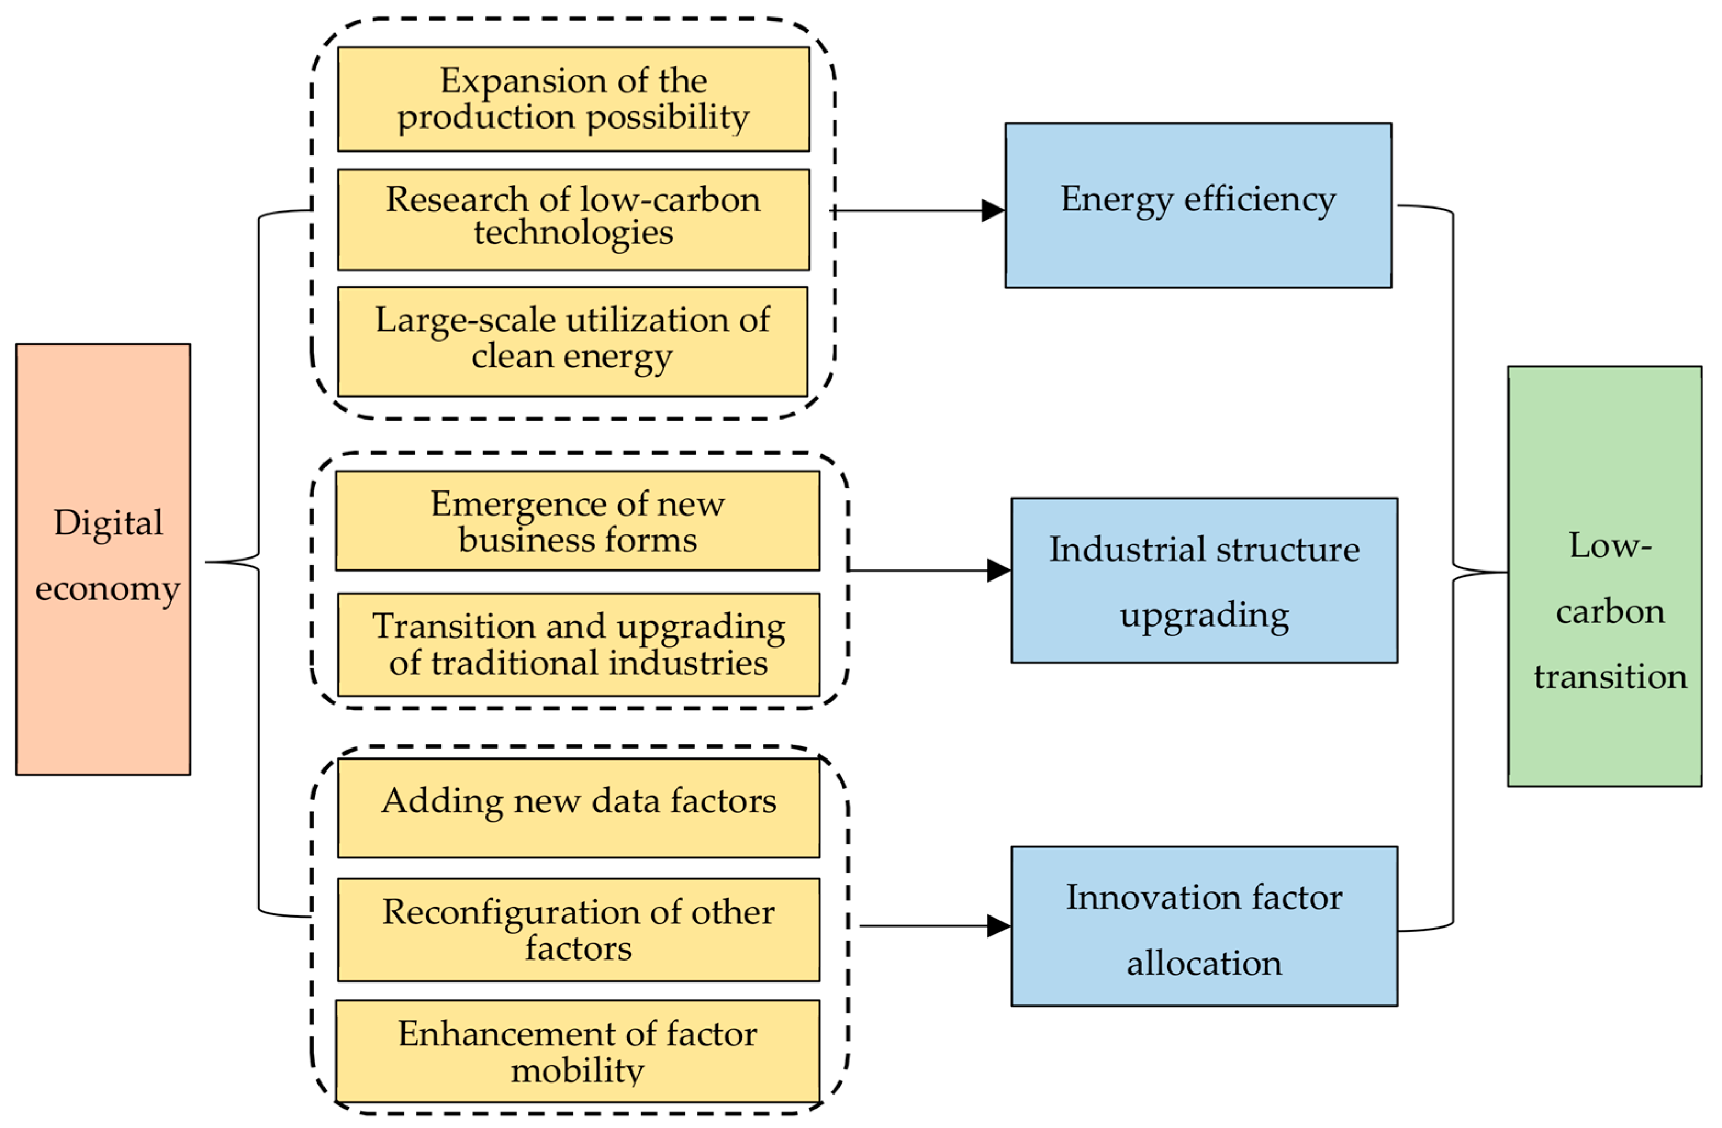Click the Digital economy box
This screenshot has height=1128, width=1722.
[103, 559]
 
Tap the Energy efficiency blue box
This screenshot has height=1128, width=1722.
[1198, 205]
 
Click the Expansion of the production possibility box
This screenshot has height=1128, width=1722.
[573, 99]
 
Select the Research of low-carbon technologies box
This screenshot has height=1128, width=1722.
[573, 219]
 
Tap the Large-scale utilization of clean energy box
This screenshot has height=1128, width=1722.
[572, 341]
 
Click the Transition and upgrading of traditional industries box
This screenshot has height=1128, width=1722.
[578, 644]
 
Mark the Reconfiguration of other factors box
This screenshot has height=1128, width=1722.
[578, 929]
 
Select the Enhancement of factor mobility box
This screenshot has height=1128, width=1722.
[577, 1050]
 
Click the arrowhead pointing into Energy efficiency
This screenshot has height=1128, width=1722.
[993, 210]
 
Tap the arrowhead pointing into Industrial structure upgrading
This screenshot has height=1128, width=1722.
[998, 570]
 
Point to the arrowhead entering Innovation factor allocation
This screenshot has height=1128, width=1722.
[998, 925]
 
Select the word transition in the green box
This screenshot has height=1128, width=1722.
[1610, 677]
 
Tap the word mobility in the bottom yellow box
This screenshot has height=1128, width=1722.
[577, 1069]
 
